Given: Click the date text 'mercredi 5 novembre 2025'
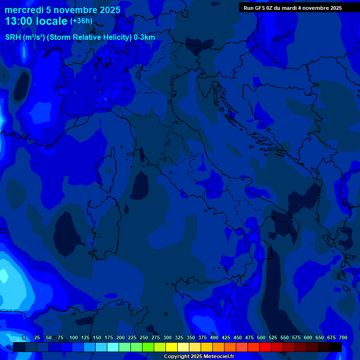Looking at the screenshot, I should (x=62, y=10).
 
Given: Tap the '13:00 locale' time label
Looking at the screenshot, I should (x=37, y=21).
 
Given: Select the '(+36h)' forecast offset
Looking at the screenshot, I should (x=81, y=21).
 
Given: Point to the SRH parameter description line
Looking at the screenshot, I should (x=80, y=37).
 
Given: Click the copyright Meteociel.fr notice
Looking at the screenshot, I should (x=199, y=357).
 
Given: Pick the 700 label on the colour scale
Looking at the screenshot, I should (x=343, y=337).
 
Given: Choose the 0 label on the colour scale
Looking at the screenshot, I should (x=24, y=337).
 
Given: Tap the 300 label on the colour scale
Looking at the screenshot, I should (x=167, y=337).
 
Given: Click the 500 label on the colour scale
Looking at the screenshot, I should (x=261, y=337).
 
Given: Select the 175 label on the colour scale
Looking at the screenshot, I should (x=109, y=337).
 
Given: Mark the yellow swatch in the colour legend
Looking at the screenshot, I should (x=171, y=347).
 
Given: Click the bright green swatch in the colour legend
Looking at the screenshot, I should (x=148, y=347).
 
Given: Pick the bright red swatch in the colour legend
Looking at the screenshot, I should (x=265, y=347).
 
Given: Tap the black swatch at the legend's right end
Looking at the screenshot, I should (x=335, y=347).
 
